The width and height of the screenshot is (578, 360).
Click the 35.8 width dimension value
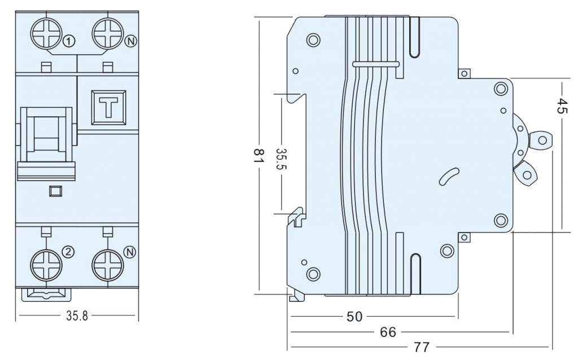77,316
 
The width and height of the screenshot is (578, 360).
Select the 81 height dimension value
259,156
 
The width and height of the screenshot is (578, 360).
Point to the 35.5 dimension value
281,159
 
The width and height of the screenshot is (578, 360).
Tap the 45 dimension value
561,106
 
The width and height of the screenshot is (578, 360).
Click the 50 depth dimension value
354,316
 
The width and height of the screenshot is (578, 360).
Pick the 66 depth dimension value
388,332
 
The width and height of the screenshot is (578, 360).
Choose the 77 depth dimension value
422,347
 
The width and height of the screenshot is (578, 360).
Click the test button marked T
109,108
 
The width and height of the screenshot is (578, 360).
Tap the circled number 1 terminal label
69,41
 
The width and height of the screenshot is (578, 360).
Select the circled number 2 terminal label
68,252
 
